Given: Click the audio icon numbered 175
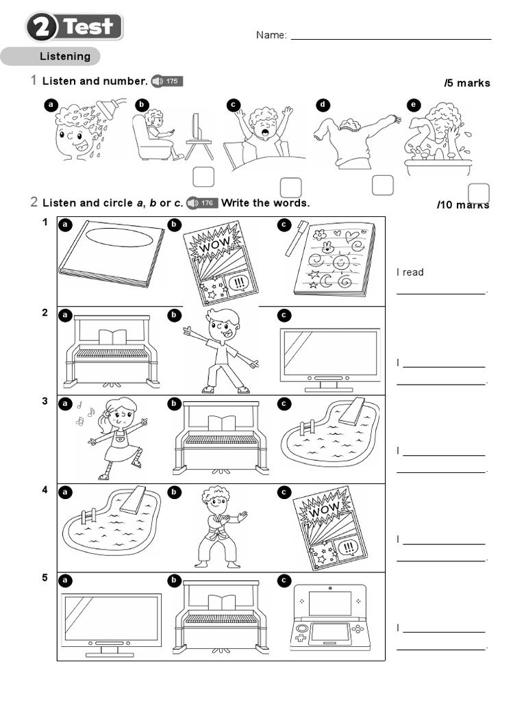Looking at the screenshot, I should [x=166, y=81].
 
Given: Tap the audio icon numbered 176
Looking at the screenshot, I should [x=201, y=203].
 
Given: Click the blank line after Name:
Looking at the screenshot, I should [x=390, y=36].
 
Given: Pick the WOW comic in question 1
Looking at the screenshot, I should [x=219, y=262].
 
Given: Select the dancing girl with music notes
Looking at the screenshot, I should [x=116, y=437].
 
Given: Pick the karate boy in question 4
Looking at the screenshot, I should [x=218, y=526].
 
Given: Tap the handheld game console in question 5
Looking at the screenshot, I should [x=329, y=617].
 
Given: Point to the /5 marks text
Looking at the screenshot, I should [x=467, y=83].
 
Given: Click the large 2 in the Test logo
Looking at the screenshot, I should [x=43, y=28].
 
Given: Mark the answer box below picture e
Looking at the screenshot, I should [x=479, y=194].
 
